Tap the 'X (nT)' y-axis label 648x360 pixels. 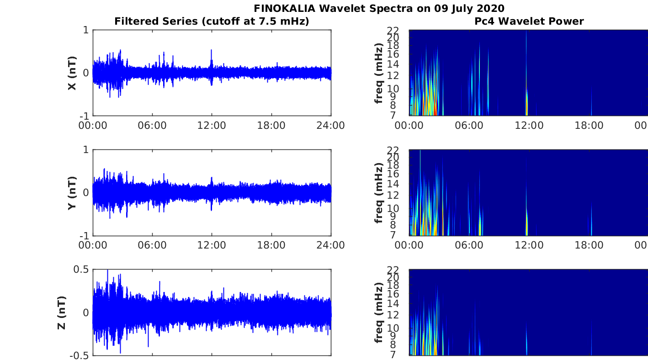tap(72, 73)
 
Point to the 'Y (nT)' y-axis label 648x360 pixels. tap(72, 193)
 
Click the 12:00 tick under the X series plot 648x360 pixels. tap(212, 125)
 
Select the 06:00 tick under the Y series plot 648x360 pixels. tap(152, 245)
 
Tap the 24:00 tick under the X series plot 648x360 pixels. tap(330, 125)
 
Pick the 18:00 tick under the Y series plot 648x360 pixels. tap(271, 245)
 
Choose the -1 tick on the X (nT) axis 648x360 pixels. tap(84, 116)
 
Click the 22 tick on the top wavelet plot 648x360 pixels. tap(400, 31)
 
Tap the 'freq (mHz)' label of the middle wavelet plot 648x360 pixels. tap(379, 193)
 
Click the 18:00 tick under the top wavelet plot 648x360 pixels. tap(589, 125)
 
